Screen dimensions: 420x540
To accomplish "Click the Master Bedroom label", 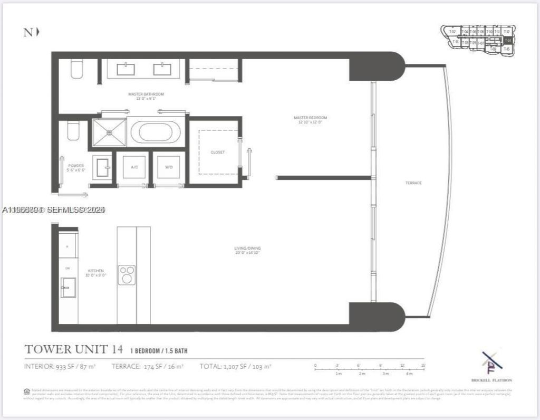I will pos(310,117).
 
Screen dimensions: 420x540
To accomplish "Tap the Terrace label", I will pos(413,183).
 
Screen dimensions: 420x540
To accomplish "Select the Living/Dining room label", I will pos(247,248).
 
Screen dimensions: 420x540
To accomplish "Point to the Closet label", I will pos(218,152).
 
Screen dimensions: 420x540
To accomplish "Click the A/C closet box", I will pos(134,167).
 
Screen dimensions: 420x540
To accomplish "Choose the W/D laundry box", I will pos(169,167).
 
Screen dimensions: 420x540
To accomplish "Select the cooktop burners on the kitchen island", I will pos(127,274).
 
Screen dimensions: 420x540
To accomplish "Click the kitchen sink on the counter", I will pos(68,291).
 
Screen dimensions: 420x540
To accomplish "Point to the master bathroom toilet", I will pos(77,69).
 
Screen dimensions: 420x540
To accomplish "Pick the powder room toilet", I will pos(73,131).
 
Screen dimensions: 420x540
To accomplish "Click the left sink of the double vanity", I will pos(126,69).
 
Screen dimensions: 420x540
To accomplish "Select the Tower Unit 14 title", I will pos(74,349).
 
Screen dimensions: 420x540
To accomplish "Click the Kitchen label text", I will pos(96,271).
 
